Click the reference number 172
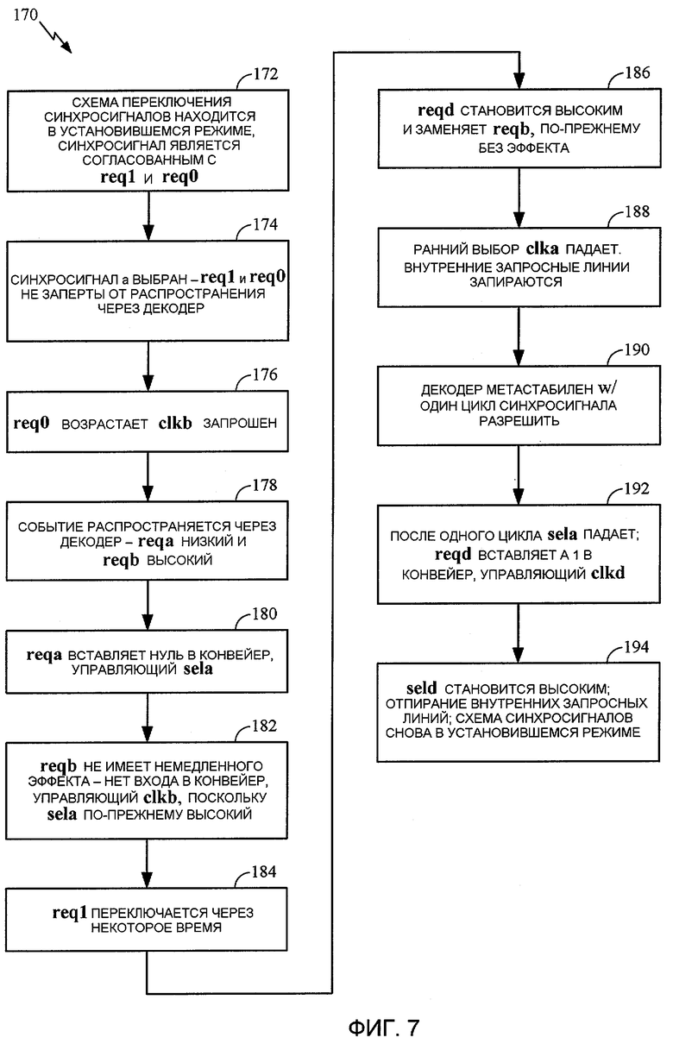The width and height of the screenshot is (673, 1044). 265,73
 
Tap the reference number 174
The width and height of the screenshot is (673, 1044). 265,224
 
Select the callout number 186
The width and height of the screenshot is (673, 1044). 637,72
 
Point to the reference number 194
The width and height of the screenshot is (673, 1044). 637,646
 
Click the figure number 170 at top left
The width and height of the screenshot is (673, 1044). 25,15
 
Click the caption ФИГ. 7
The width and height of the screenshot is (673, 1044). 384,1027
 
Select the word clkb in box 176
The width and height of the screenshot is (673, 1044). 175,422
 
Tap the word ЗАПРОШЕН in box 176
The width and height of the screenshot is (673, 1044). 240,423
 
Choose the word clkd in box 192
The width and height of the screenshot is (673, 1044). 607,573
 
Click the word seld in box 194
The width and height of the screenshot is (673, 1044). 421,688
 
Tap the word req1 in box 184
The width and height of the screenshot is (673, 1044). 69,913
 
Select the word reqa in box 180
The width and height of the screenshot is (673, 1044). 44,655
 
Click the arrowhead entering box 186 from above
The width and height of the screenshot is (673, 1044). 519,80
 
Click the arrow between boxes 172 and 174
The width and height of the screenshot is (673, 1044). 148,216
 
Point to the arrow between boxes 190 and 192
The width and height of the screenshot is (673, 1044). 519,475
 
